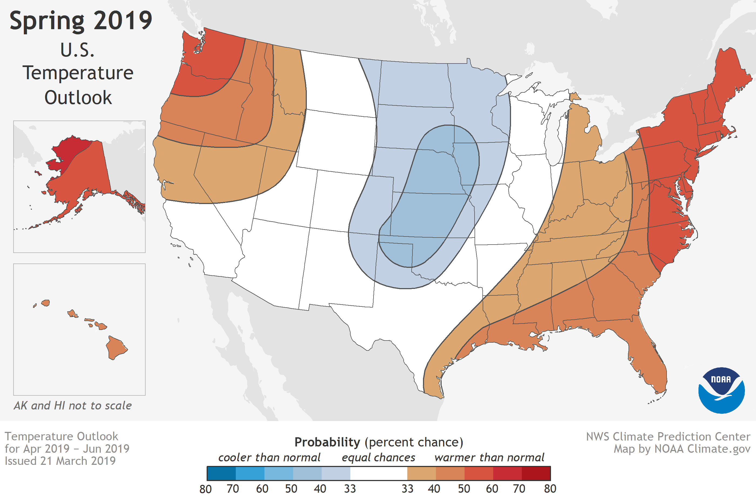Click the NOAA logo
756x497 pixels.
(721, 390)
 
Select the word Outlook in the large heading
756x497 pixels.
(78, 98)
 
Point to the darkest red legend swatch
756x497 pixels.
(536, 473)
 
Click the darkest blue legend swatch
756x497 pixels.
(221, 473)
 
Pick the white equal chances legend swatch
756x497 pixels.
(379, 473)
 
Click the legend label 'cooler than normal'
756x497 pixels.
(269, 458)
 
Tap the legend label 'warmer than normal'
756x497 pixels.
(489, 458)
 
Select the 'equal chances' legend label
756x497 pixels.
(378, 458)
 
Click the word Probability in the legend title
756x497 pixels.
(327, 442)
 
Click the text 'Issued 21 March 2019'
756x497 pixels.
(60, 461)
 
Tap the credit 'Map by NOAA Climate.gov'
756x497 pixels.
(682, 449)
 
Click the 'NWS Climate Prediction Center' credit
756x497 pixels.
(668, 437)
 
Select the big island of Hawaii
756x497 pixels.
(116, 347)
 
